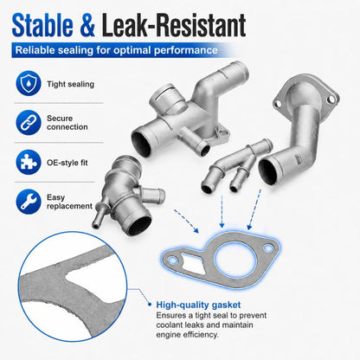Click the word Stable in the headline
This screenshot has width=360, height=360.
coord(42,25)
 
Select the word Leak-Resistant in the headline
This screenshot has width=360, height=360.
coord(174,25)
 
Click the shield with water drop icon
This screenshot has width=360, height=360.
coord(29,83)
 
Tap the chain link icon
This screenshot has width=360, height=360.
coord(29,122)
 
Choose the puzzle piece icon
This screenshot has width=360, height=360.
coord(29,162)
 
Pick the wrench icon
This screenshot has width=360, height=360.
coord(29,202)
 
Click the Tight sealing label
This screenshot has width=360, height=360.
coord(70,84)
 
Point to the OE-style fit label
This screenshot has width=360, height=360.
coord(67,163)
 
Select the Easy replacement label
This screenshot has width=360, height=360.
coord(69,202)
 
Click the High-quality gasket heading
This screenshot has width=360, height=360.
coord(198,305)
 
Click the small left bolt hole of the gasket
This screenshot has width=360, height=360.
coord(173,260)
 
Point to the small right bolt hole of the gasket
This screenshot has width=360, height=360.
coord(268,247)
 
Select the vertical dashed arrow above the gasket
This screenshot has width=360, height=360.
coord(222,211)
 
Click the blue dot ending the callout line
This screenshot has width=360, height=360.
coord(150,304)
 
